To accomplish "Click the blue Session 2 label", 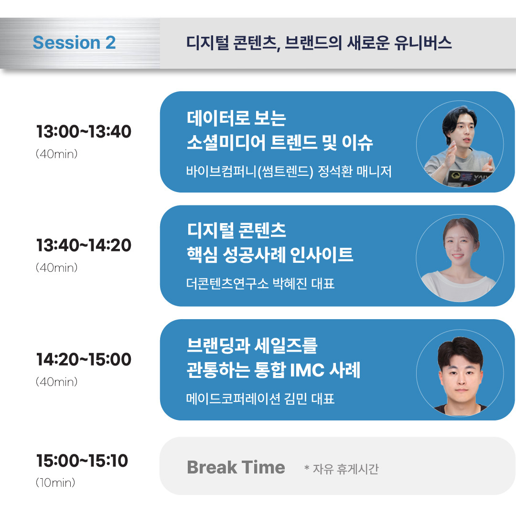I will tap(74, 43).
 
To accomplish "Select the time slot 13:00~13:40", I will tap(84, 132).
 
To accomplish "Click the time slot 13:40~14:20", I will tap(84, 246).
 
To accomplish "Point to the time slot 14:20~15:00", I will tap(84, 359).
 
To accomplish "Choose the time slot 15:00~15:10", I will tap(82, 461).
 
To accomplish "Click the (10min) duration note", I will tap(55, 483).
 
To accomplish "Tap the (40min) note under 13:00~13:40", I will tap(56, 154).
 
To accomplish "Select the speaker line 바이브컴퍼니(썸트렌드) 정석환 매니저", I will tap(289, 172).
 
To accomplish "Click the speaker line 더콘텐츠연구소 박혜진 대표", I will tap(260, 284).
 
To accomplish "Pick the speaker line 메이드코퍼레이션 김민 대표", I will tap(260, 398).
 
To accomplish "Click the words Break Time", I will tap(236, 467).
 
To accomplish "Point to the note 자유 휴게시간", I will tap(345, 469).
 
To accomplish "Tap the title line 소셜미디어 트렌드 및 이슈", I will tap(279, 143).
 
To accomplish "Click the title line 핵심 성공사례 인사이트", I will tap(270, 256).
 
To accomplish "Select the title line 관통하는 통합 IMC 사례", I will tap(273, 370).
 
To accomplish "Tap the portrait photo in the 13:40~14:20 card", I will tap(459, 258).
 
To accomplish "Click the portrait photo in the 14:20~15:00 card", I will tap(459, 372).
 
